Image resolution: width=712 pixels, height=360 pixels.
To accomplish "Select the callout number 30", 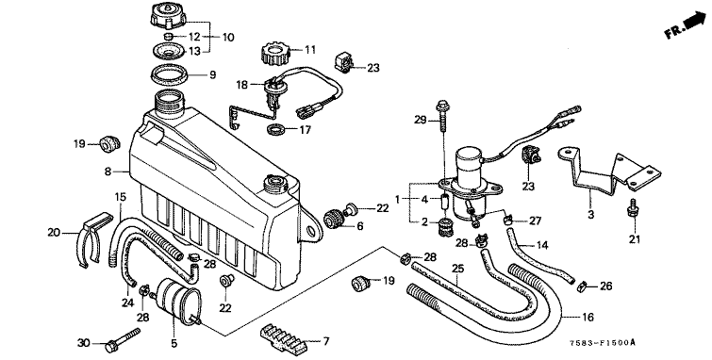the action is (x=84, y=344).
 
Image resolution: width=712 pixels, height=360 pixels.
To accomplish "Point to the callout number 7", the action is (x=325, y=341).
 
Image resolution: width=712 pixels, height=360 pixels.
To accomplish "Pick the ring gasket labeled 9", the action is (x=168, y=74).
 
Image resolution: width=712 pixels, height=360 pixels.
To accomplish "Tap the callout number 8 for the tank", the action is (x=108, y=172).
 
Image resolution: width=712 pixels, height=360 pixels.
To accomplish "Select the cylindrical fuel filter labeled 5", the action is (x=177, y=299).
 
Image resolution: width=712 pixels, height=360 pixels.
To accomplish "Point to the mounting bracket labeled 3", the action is (x=608, y=171).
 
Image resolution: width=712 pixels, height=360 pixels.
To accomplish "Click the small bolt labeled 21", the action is (x=631, y=208).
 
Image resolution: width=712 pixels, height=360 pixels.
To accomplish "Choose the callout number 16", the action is (x=588, y=318).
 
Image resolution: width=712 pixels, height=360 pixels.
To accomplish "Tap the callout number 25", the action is (x=458, y=269).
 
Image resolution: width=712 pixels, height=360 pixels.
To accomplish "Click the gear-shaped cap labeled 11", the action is (x=275, y=53).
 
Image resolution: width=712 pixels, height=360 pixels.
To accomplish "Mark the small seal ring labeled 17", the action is (x=276, y=130).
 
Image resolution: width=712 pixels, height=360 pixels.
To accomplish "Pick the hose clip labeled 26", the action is (x=581, y=286).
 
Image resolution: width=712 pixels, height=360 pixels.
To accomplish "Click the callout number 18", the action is (x=242, y=85).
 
